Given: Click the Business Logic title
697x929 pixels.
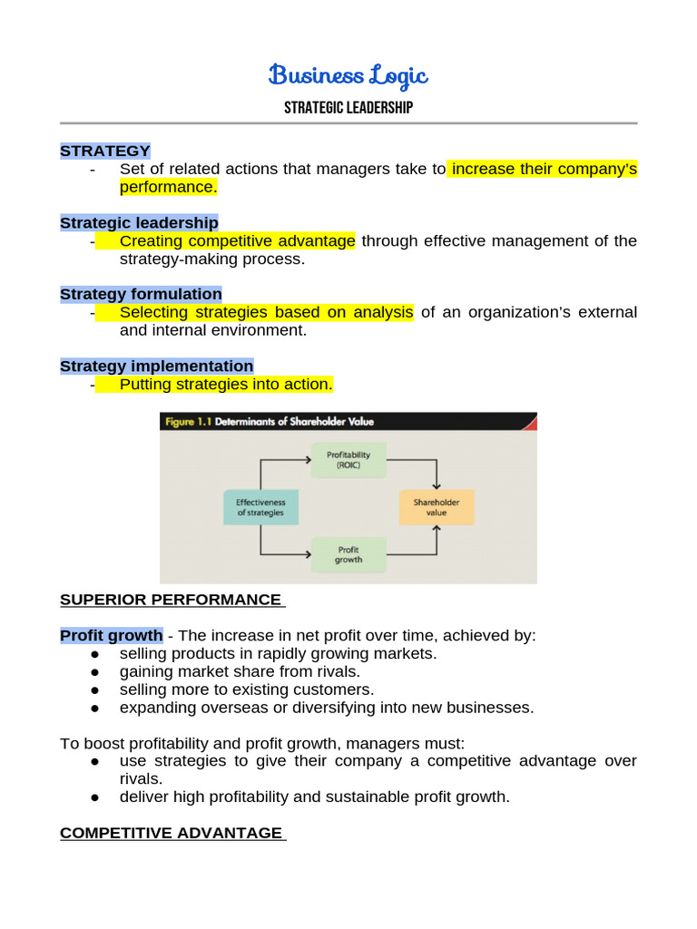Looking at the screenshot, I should click(348, 76).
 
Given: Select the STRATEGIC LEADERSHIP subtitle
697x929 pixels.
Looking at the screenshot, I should click(348, 108).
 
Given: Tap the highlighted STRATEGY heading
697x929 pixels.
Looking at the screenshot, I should click(105, 151).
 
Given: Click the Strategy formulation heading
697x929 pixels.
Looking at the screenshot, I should click(141, 294).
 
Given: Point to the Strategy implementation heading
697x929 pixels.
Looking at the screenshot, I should click(156, 366).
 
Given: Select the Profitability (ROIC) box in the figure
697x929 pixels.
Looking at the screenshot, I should click(348, 459).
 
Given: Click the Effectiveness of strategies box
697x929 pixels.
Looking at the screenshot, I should click(260, 507).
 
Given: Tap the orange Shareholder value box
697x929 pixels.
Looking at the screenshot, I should click(437, 507).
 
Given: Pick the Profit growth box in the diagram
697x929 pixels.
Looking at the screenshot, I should click(348, 554).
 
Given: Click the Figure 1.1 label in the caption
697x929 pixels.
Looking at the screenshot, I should click(186, 421).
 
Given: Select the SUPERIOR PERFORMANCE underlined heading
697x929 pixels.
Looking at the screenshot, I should click(171, 600).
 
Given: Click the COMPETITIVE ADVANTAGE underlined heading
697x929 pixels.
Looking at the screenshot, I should click(172, 833).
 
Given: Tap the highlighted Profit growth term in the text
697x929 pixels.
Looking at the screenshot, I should click(112, 635).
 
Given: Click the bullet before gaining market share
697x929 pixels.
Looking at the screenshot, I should click(94, 671).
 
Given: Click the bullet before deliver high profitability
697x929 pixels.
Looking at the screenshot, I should click(94, 797).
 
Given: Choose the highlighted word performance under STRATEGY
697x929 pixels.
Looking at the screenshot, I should click(168, 187).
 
